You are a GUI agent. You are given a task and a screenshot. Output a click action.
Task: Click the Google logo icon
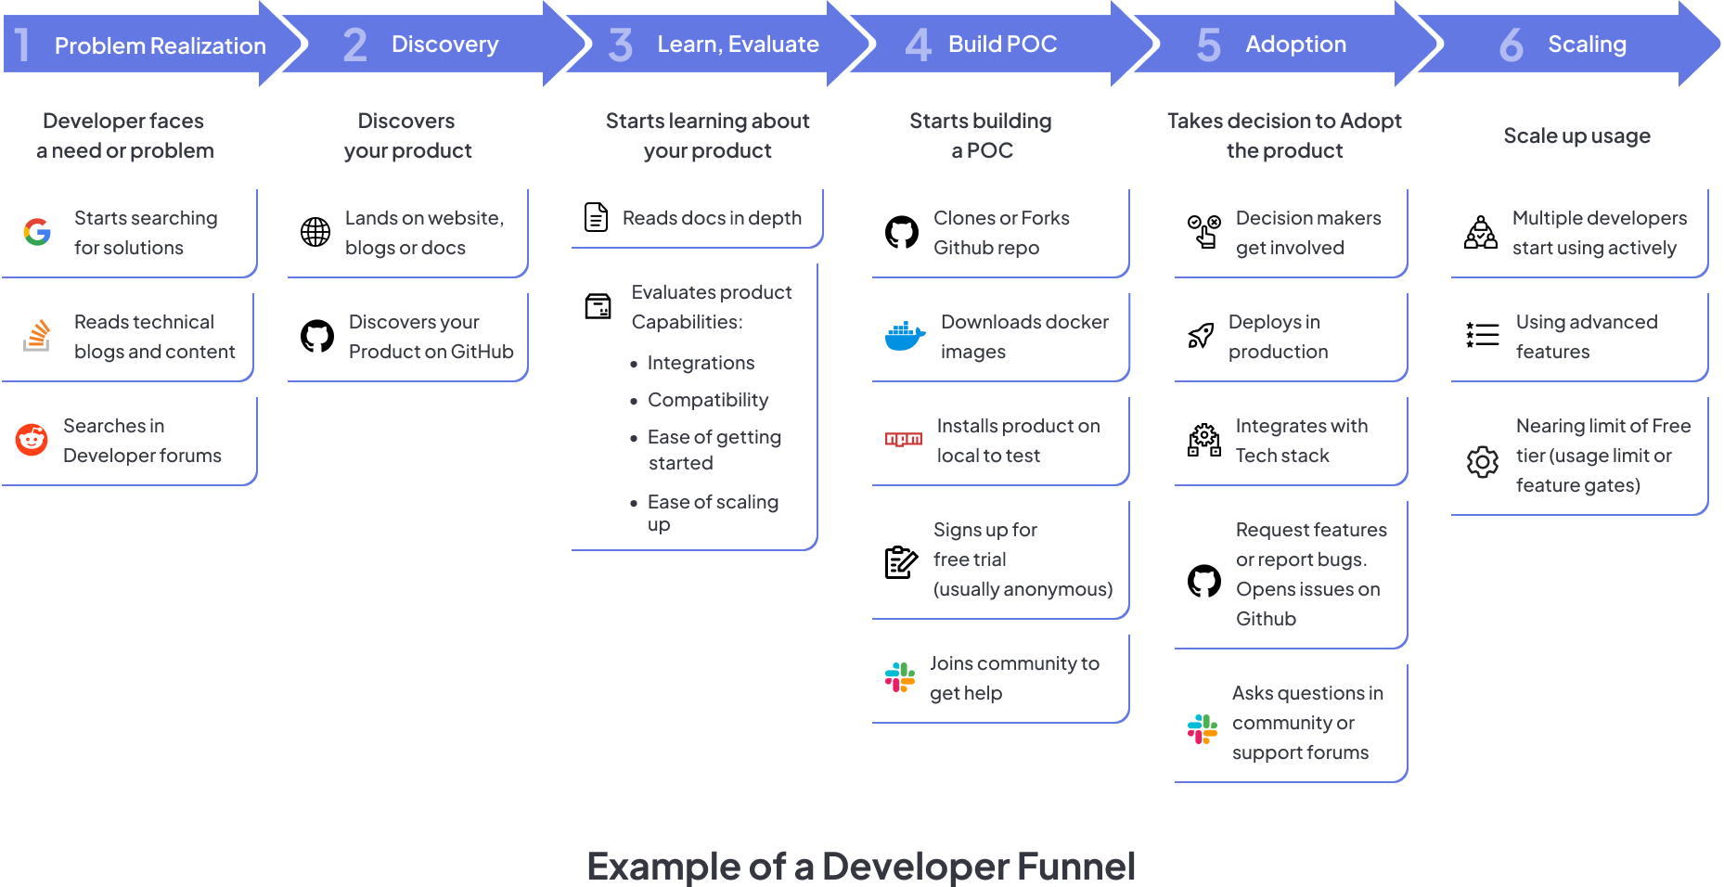pos(37,232)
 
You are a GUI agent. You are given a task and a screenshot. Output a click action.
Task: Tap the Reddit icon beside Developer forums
pos(32,440)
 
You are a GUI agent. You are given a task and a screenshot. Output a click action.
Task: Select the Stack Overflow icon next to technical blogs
pos(37,336)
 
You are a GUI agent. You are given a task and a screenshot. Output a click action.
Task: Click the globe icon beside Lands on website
pos(315,232)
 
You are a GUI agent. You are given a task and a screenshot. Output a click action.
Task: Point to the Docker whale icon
pos(905,336)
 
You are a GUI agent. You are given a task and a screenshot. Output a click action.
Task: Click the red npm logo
pos(903,440)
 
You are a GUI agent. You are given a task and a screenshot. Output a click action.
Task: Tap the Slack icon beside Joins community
pos(900,677)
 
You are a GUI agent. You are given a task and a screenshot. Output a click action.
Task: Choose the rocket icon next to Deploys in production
pos(1201,336)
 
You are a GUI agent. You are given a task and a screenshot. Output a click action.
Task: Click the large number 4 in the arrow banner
pos(918,45)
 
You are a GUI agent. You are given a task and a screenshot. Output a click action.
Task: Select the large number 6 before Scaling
pos(1511,45)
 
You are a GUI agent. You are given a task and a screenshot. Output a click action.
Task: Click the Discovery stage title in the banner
pos(444,45)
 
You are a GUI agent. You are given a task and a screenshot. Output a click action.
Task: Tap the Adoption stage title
pos(1295,45)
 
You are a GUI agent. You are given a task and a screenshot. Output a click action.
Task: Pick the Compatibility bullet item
pos(707,400)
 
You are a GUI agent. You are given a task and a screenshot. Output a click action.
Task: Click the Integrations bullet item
pos(701,363)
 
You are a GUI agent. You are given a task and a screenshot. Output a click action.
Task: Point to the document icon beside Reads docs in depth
pos(597,217)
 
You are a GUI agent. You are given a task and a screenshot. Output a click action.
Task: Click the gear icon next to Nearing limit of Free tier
pos(1483,461)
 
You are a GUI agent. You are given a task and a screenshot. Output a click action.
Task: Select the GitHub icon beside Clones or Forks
pos(902,232)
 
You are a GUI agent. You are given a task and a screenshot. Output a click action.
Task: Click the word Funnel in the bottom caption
pos(1075,867)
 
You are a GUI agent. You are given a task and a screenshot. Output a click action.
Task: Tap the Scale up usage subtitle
pos(1576,136)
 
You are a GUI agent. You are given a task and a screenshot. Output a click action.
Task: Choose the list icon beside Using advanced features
pos(1483,335)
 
